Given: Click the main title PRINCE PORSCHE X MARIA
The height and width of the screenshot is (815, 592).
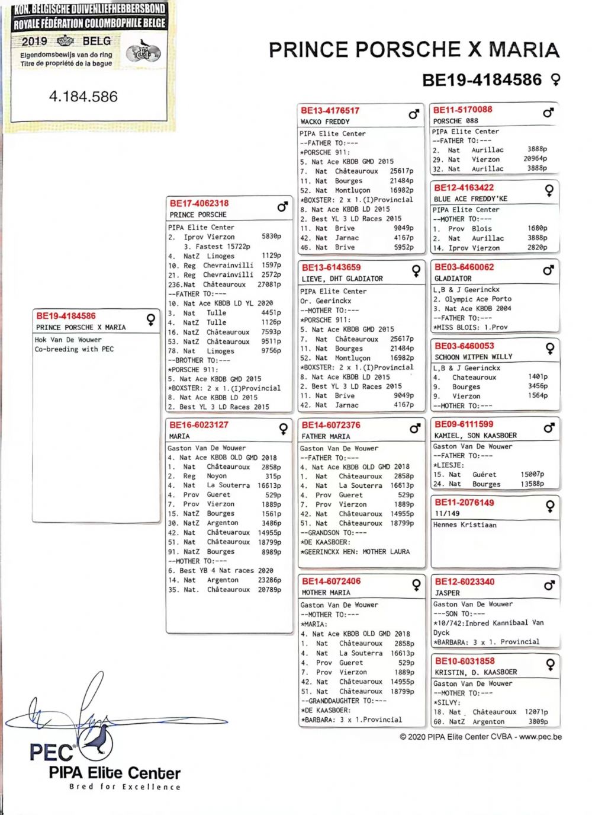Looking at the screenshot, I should click(x=414, y=50).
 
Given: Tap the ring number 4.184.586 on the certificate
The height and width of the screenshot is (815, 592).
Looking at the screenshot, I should click(x=83, y=97).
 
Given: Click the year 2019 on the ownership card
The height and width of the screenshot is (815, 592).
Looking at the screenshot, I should click(x=34, y=41).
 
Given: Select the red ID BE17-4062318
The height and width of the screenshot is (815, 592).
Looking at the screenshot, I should click(x=199, y=203).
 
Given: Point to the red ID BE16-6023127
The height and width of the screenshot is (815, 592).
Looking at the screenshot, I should click(x=199, y=425).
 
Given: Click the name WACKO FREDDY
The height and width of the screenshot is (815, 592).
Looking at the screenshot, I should click(x=325, y=122).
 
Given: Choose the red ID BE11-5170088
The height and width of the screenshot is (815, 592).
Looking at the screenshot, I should click(x=463, y=110).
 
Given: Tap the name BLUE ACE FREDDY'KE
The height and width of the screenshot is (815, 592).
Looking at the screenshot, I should click(x=470, y=199).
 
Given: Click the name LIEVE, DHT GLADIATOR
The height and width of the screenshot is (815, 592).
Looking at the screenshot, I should click(x=342, y=279).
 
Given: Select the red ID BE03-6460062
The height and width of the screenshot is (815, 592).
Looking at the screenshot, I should click(x=464, y=267).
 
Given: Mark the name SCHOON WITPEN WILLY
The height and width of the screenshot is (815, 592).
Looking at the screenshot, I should click(x=474, y=357).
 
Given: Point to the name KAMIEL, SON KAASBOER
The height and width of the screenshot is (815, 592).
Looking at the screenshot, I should click(x=475, y=435).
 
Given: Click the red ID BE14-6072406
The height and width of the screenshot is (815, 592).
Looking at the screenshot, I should click(x=331, y=581).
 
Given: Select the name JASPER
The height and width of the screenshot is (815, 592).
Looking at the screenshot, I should click(x=448, y=593).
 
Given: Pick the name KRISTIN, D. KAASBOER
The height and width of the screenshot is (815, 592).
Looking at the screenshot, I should click(x=476, y=672).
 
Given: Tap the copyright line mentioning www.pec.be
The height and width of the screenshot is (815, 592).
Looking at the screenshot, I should click(x=481, y=737).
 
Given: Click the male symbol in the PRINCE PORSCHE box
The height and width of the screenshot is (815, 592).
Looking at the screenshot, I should click(x=282, y=207).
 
